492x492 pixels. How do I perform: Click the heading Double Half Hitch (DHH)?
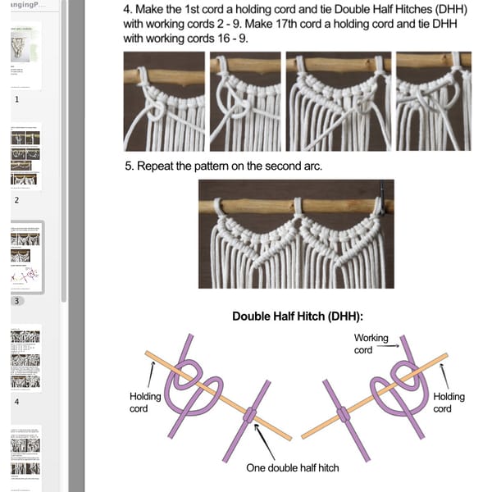tap(298, 316)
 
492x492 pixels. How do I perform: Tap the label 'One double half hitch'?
tap(293, 468)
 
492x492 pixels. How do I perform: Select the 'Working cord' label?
tap(371, 344)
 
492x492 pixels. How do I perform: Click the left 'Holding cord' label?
tap(145, 402)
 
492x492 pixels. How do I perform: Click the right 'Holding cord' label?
tap(449, 402)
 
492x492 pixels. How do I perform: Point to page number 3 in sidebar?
tap(16, 301)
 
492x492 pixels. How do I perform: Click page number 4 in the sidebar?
tap(16, 402)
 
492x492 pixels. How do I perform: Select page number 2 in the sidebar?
tap(16, 199)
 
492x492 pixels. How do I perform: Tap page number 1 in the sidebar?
tap(16, 98)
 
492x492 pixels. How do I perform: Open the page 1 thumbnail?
tap(25, 55)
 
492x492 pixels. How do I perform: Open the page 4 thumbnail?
tap(25, 359)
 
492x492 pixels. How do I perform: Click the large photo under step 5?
tap(296, 234)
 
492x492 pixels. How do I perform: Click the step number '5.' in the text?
tap(130, 166)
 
